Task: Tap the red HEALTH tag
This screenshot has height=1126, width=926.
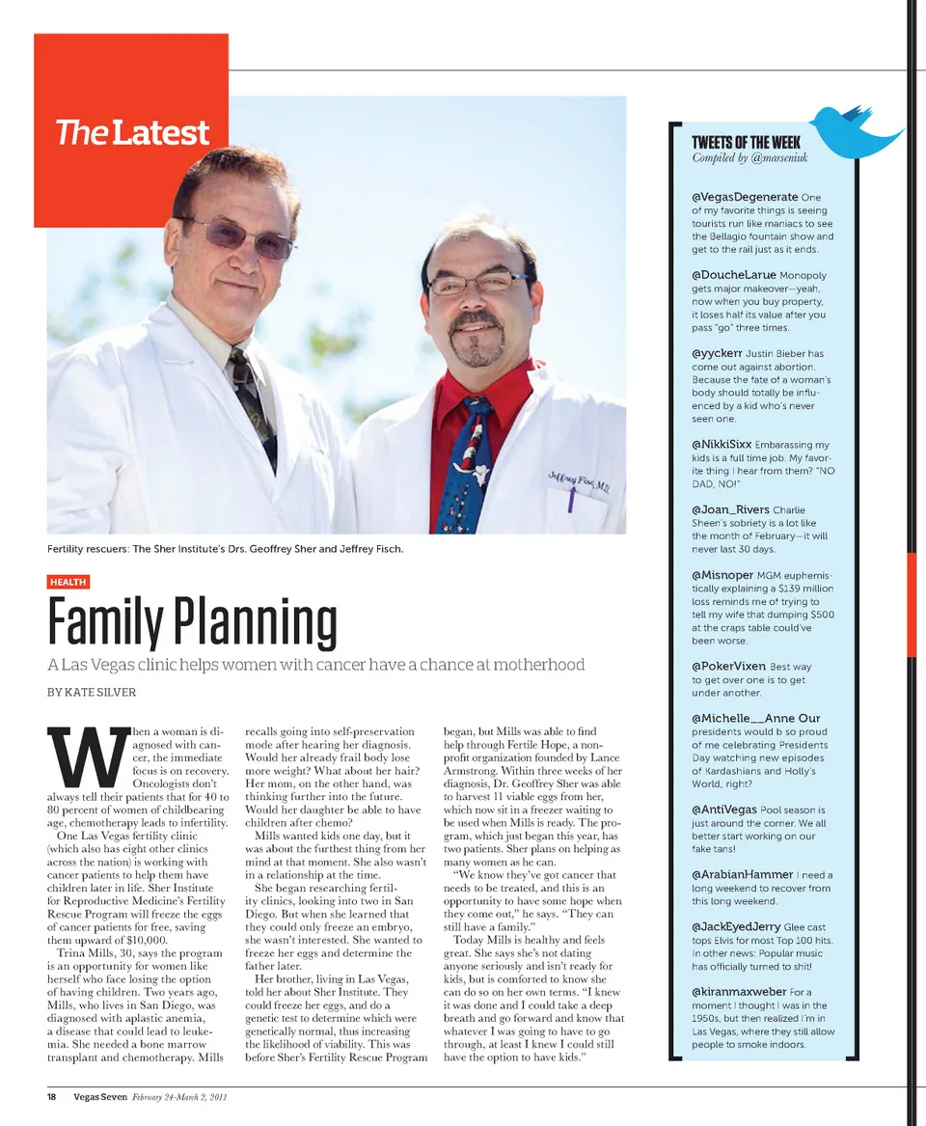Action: point(68,582)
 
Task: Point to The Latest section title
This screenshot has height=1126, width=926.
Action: point(132,132)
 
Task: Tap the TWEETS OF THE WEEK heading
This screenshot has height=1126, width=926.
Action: point(746,143)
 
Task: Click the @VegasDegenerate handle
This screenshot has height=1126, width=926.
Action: point(745,197)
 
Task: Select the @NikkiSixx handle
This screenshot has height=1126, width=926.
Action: point(722,445)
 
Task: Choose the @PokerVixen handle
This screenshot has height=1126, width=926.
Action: point(728,667)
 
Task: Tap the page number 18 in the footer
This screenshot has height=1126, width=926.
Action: point(54,1096)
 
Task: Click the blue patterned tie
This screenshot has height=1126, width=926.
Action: point(466,463)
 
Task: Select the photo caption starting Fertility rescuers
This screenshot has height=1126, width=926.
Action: point(225,549)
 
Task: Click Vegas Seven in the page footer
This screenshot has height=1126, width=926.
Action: point(100,1096)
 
